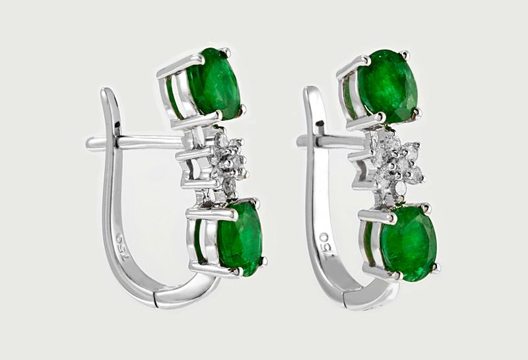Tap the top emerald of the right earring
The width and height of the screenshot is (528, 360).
click(387, 86)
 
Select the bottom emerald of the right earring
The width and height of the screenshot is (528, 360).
click(407, 243)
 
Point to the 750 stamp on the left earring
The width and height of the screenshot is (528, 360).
click(123, 248)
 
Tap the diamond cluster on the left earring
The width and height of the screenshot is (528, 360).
click(229, 162)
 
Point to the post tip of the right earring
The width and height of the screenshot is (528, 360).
click(299, 141)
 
